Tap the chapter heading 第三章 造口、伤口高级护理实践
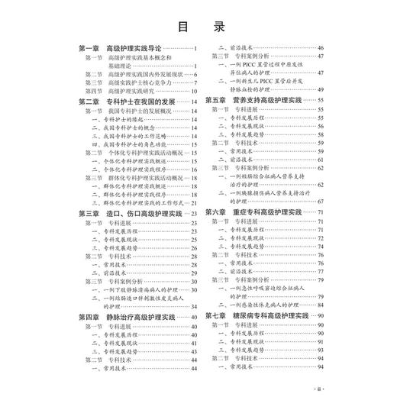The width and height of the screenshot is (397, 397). [x=130, y=214]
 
